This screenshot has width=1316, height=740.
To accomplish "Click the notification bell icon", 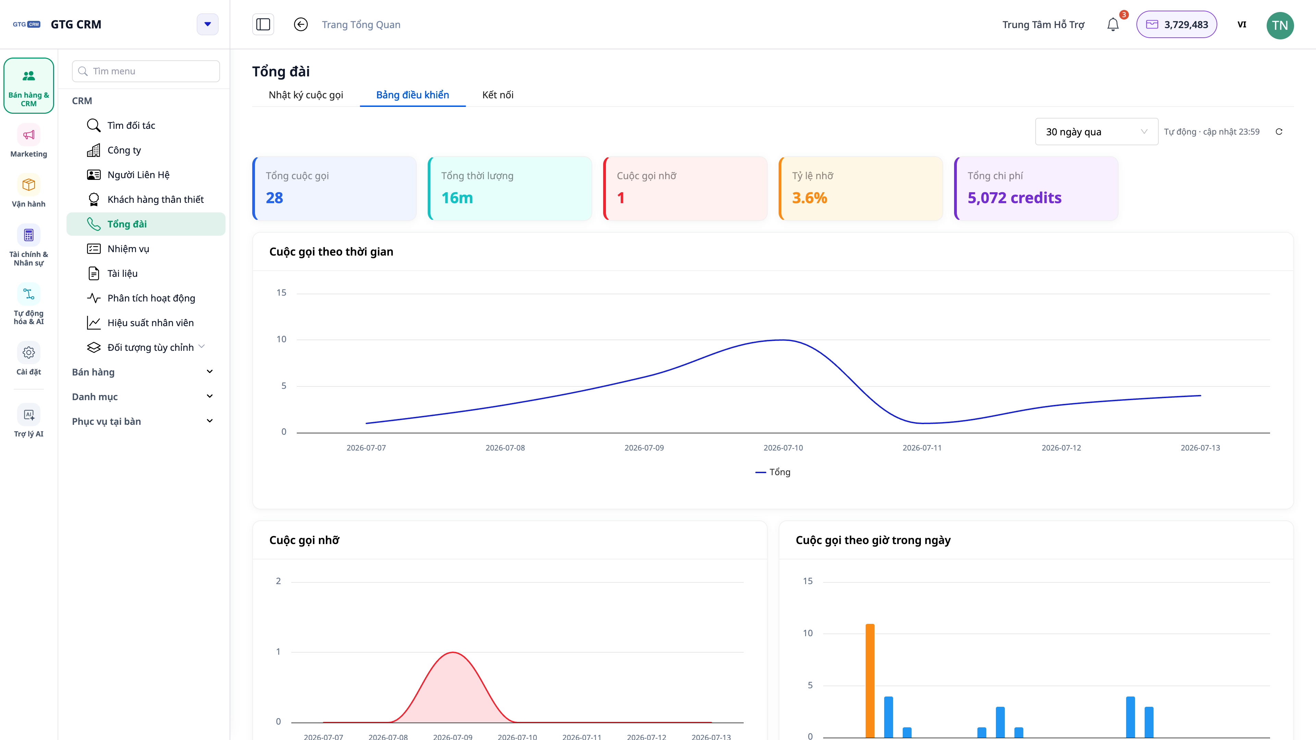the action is coord(1113,25).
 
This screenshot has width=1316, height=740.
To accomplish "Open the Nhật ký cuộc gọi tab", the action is coord(305,95).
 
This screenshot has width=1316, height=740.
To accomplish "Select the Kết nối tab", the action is coord(498,95).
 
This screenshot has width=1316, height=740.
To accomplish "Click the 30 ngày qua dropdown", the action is coord(1096,132).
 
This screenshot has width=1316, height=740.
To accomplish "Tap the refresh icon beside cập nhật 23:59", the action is coord(1279,132).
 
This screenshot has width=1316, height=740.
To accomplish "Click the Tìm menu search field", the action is coord(146,71).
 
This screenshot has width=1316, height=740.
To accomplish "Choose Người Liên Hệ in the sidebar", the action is coord(138,175).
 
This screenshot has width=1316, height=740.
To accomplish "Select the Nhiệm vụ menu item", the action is coord(128,249).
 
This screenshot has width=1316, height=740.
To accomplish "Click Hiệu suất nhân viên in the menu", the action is coord(150,323).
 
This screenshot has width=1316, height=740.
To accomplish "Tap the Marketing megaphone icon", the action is coord(28,135).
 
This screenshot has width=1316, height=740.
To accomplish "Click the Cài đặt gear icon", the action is coord(28,353).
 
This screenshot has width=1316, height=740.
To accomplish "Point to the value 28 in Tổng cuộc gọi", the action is coord(274,198).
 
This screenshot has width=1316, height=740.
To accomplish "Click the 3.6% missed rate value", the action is coord(809,198).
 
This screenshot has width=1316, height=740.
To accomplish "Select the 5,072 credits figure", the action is coord(1014,198).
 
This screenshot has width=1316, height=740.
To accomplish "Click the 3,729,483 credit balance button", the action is coord(1177,25).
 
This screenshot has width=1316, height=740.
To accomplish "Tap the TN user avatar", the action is coord(1280,25).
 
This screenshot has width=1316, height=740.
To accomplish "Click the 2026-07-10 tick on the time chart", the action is coord(783,448).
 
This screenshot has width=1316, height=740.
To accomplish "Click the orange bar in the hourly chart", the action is coord(870,681).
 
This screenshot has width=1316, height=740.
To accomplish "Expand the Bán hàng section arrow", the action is coord(209,372).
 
